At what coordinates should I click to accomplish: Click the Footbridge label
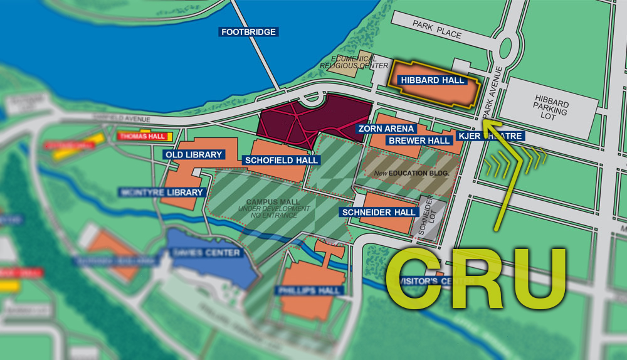point(248,31)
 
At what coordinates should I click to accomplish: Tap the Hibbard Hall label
point(433,80)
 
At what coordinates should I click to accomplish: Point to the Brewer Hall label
point(419,140)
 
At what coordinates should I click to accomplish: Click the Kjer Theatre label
point(490,136)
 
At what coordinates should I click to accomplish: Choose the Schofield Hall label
point(282,160)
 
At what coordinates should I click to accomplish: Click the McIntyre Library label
point(162,193)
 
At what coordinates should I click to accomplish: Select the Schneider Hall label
point(379,213)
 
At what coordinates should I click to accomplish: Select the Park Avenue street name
point(492,92)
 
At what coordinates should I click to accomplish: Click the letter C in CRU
point(417,280)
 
